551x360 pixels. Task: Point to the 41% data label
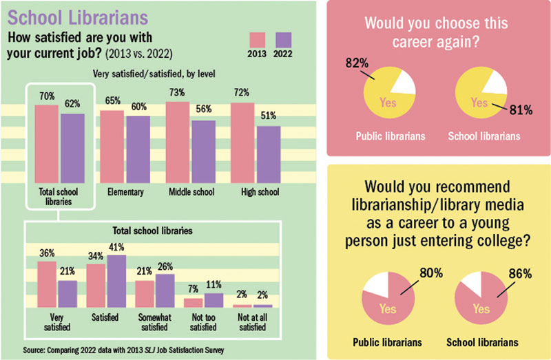[115, 247]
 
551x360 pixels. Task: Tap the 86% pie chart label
[520, 273]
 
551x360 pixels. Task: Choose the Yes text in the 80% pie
[388, 309]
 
